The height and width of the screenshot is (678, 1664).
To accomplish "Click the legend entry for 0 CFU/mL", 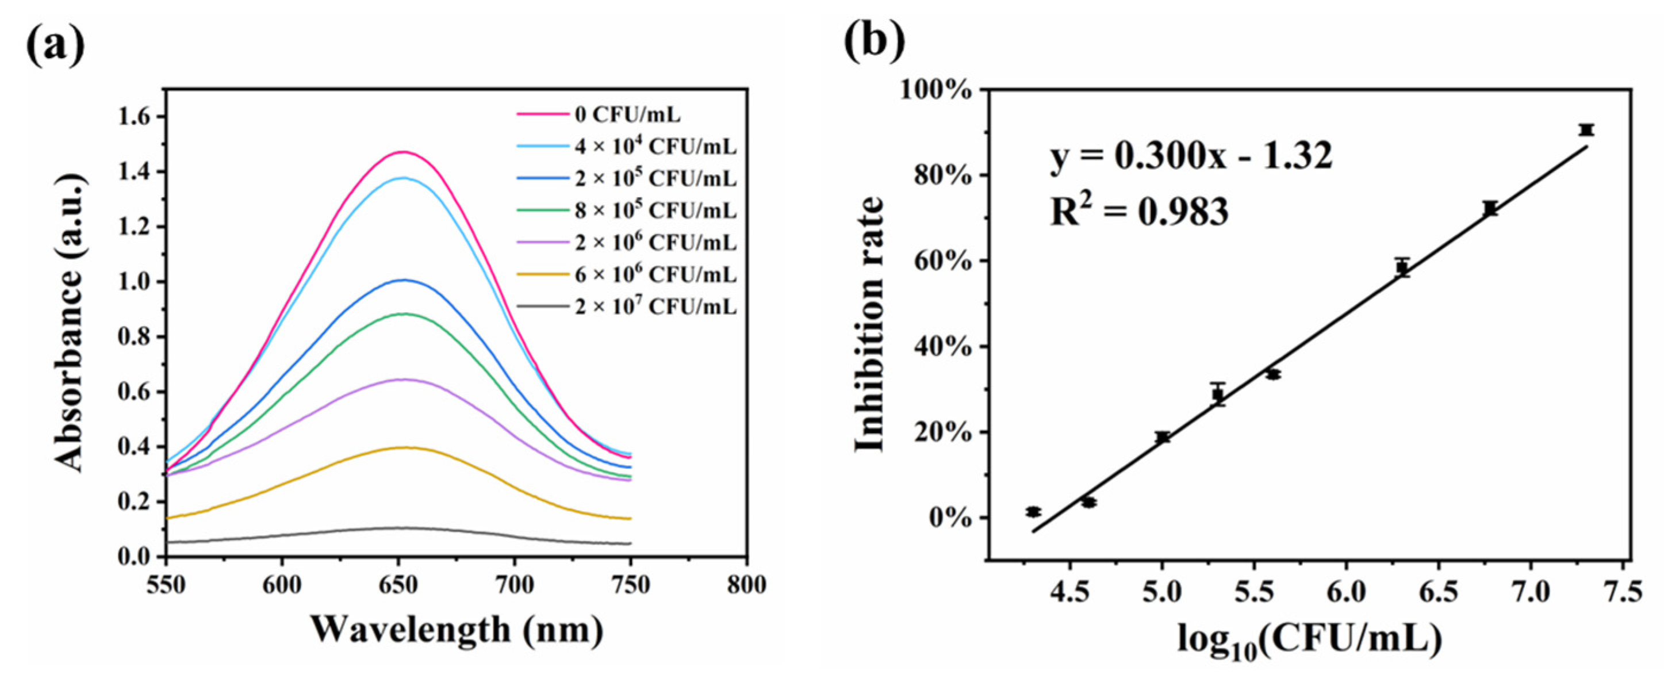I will point(627,115).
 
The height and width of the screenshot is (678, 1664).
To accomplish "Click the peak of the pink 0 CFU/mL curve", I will point(404,152).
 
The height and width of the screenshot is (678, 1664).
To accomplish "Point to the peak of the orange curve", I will point(404,447).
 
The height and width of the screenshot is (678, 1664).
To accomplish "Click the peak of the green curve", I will point(404,313).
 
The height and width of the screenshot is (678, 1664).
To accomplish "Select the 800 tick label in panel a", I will point(747,585).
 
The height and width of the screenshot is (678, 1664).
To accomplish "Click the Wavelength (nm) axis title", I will point(457,630).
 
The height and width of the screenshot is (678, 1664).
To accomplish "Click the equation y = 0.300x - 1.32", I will point(1191,157).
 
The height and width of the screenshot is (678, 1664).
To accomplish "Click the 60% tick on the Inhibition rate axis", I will point(943,262).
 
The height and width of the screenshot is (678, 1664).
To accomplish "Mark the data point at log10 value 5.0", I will point(1163,438).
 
